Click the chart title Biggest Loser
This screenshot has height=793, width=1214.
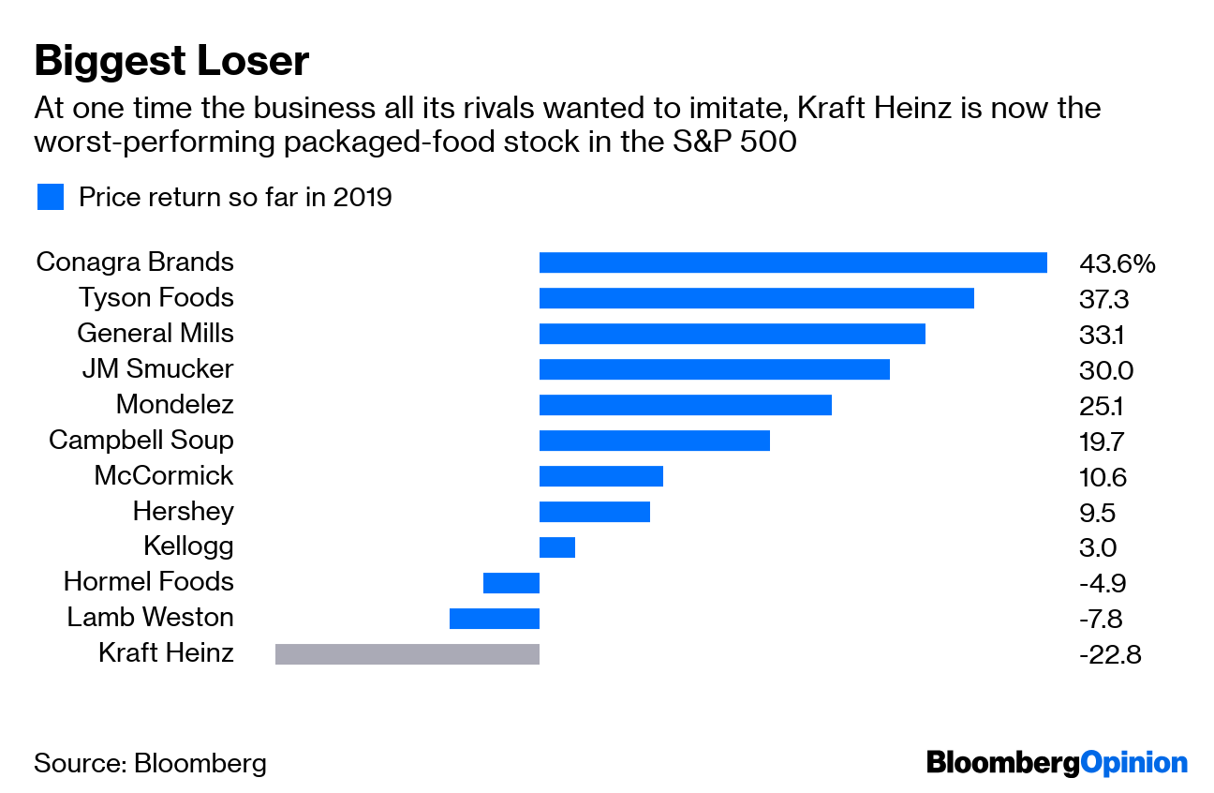pyautogui.click(x=171, y=62)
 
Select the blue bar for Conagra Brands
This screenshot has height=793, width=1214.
pyautogui.click(x=792, y=262)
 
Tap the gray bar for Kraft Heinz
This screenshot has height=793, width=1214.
pyautogui.click(x=407, y=653)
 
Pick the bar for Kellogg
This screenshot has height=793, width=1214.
pyautogui.click(x=556, y=546)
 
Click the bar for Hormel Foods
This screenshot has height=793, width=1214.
pyautogui.click(x=511, y=582)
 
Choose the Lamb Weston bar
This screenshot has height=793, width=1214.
pyautogui.click(x=495, y=618)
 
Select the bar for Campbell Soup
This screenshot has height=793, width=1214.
pyautogui.click(x=654, y=440)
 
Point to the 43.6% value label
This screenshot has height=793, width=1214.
pyautogui.click(x=1117, y=264)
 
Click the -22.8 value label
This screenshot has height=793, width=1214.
pyautogui.click(x=1109, y=654)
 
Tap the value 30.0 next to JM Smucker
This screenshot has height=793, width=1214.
pyautogui.click(x=1105, y=370)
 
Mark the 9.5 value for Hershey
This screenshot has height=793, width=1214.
pyautogui.click(x=1097, y=513)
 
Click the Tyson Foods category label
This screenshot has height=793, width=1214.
pyautogui.click(x=155, y=298)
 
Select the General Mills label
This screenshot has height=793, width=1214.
pyautogui.click(x=155, y=334)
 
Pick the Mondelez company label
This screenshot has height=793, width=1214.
pyautogui.click(x=174, y=405)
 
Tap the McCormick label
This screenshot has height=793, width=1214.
pyautogui.click(x=163, y=476)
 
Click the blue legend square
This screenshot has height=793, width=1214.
pyautogui.click(x=50, y=197)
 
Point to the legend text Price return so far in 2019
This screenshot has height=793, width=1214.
pyautogui.click(x=234, y=197)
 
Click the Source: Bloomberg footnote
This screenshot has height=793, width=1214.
pyautogui.click(x=150, y=763)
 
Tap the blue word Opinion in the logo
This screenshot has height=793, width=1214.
pyautogui.click(x=1133, y=763)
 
